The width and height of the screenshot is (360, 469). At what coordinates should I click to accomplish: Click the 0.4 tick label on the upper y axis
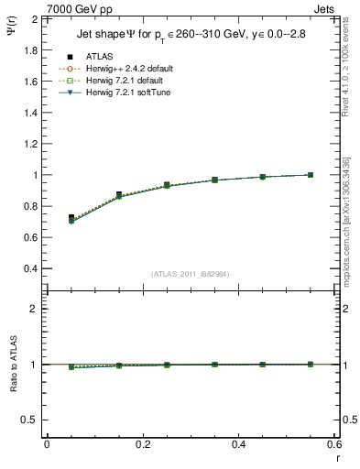31,268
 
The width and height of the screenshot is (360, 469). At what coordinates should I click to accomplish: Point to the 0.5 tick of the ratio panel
31,420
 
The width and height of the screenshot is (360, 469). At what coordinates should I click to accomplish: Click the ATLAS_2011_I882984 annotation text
189,274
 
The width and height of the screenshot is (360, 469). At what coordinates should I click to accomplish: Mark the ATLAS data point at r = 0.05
71,218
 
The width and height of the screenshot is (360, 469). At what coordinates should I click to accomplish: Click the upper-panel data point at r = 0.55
311,175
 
